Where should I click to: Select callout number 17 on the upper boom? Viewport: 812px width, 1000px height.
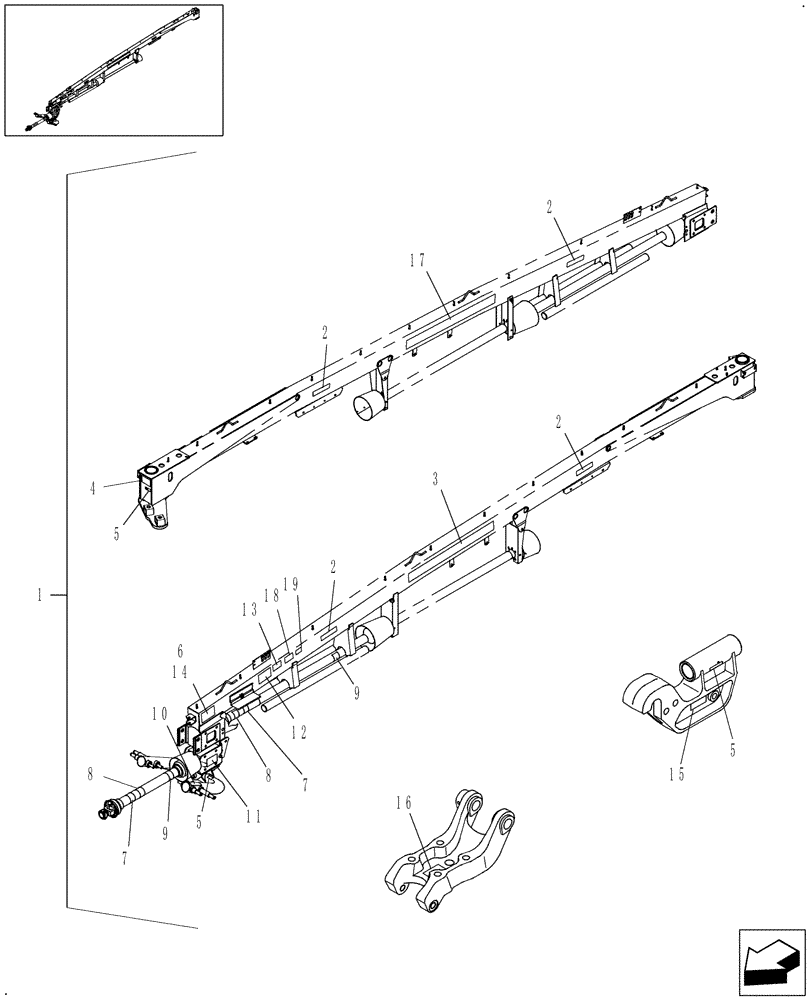tap(417, 259)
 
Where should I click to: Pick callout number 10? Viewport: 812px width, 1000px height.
tap(159, 713)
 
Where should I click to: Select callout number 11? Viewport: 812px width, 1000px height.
tap(253, 816)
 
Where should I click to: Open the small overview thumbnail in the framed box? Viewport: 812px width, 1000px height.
tap(113, 69)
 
